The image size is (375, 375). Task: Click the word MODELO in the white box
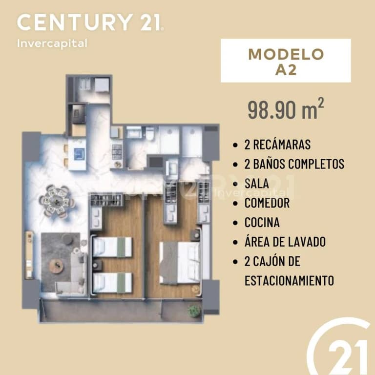coord(286,54)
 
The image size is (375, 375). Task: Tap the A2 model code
coord(286,70)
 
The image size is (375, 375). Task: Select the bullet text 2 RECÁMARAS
coord(277,145)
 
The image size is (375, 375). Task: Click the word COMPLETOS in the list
coord(316,164)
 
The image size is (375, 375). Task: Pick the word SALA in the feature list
coord(257,184)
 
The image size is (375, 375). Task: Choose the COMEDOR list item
coord(267,203)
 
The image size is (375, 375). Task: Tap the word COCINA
coord(262,223)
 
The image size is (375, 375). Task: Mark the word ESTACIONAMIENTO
coord(289,281)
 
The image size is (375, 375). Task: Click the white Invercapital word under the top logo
coord(52,44)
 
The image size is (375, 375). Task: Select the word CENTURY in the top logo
coord(75,22)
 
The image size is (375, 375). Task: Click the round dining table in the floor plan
coord(57,201)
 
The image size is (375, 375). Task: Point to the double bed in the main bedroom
coord(180,263)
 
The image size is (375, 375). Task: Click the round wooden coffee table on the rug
coord(57,266)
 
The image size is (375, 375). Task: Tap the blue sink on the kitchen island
coord(80,154)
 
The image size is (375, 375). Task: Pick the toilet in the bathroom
coord(150,134)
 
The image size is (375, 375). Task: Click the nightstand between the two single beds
coord(97,265)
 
